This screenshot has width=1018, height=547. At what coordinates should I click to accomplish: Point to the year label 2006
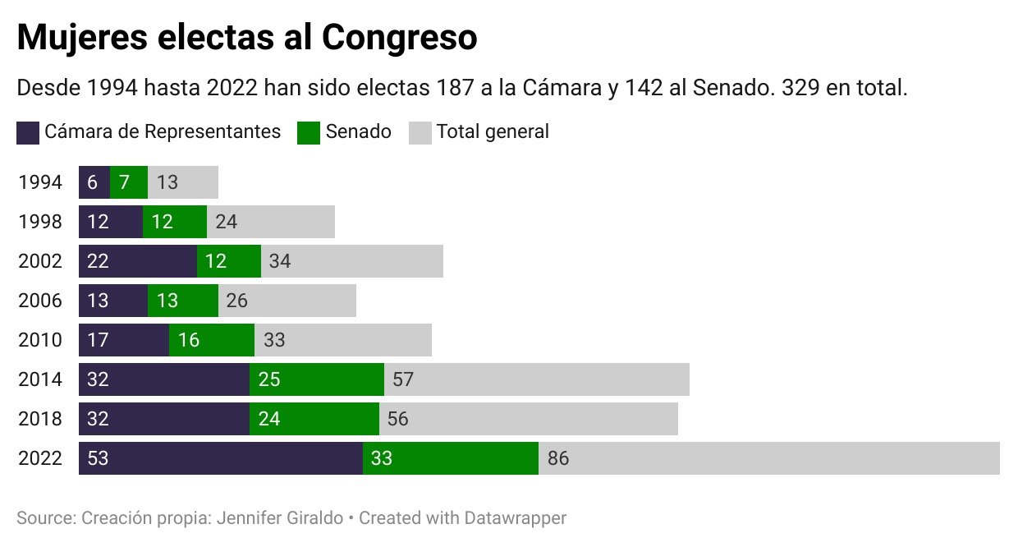click(x=39, y=301)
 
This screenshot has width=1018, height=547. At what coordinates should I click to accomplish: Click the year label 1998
click(x=39, y=222)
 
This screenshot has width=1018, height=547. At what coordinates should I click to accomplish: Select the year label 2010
click(x=39, y=340)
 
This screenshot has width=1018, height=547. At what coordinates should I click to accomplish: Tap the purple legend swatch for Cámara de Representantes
click(x=28, y=132)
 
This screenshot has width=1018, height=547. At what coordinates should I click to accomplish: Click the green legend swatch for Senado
click(x=308, y=132)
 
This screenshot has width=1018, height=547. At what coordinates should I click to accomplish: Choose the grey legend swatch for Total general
click(x=420, y=132)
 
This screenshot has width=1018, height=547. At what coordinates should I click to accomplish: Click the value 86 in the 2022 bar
click(x=558, y=458)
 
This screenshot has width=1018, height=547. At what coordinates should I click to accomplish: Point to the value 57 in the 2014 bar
click(x=403, y=379)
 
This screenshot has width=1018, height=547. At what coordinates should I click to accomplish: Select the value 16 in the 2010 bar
click(x=189, y=340)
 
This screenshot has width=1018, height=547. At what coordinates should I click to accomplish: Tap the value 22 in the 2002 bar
click(x=98, y=261)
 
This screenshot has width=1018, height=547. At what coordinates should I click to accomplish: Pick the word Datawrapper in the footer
click(x=515, y=518)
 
